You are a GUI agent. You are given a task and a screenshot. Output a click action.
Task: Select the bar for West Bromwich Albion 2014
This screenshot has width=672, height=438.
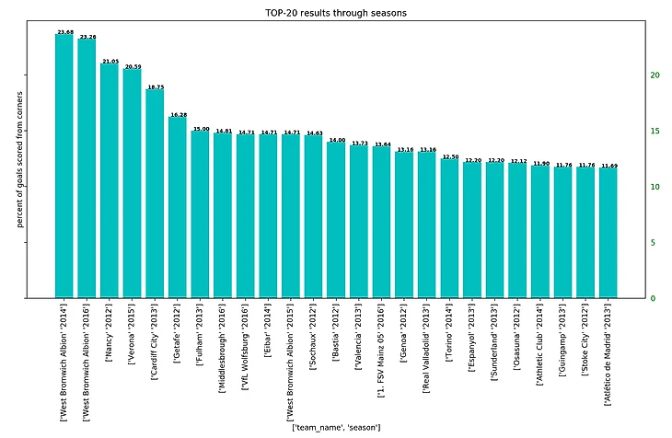click(64, 166)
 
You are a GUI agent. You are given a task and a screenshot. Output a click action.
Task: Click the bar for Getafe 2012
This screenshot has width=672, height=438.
click(178, 207)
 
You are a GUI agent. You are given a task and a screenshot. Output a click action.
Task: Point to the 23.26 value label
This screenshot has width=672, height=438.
click(87, 37)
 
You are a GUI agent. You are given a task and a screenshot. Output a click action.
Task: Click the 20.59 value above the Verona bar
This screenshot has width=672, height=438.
click(133, 66)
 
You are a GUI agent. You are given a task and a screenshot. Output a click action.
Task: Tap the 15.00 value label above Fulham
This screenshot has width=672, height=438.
click(201, 130)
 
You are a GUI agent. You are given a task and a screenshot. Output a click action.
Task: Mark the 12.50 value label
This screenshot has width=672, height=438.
click(450, 157)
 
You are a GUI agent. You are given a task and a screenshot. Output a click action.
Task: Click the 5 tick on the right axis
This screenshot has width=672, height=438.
click(652, 243)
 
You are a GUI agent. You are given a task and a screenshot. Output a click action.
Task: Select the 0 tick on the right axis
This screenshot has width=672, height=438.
click(652, 299)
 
